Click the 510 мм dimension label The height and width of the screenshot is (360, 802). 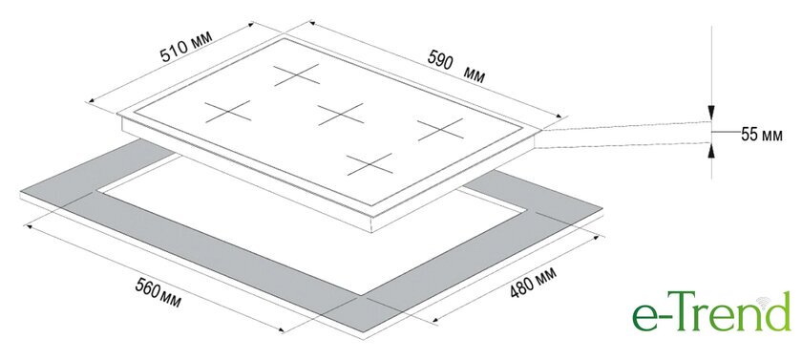tap(185, 46)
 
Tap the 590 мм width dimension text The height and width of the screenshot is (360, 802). tap(456, 66)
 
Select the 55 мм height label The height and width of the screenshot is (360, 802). tap(762, 135)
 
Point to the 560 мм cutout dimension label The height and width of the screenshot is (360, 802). tap(158, 293)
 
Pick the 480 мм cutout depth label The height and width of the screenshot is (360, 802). tap(533, 282)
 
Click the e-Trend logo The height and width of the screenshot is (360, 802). tap(711, 311)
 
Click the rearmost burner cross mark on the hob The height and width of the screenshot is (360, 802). tap(297, 74)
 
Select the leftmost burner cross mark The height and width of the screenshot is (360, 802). tap(228, 112)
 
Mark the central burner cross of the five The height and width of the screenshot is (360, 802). tap(341, 114)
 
